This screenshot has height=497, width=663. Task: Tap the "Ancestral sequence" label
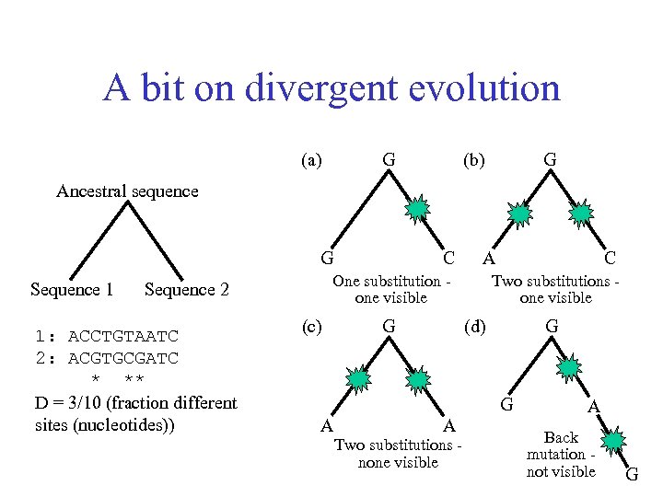[127, 191]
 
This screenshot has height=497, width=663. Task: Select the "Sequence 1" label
[72, 290]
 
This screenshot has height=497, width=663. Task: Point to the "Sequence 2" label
[186, 290]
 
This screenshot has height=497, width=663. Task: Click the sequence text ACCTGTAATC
[123, 336]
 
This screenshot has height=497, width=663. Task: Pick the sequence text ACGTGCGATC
[123, 357]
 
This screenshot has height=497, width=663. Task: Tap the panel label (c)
[312, 326]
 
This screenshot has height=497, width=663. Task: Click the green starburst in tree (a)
[419, 209]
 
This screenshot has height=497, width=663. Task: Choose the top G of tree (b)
[550, 160]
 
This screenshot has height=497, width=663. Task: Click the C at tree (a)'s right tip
[448, 259]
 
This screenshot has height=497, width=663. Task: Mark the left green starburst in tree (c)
[357, 378]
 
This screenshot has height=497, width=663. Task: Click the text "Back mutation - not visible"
[561, 455]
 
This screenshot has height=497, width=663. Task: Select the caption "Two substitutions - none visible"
[398, 454]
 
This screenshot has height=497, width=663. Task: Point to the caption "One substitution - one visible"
[391, 289]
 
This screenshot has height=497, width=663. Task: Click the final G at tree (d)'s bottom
[632, 475]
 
